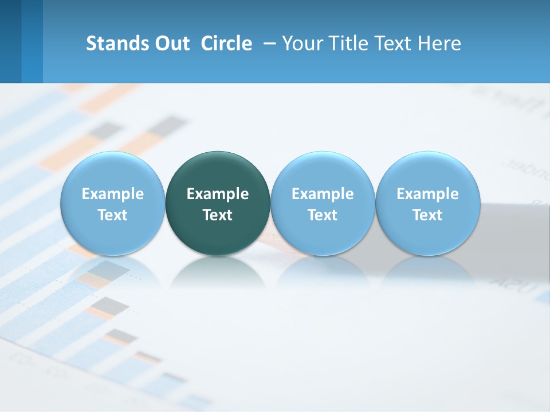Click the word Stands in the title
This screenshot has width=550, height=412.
[x=117, y=43]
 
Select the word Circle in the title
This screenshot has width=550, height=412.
[x=226, y=43]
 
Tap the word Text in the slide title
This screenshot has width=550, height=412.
[x=390, y=43]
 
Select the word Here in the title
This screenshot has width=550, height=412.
[x=438, y=43]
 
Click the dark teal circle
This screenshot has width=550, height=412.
[x=218, y=172]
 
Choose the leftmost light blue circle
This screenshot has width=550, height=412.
[x=113, y=172]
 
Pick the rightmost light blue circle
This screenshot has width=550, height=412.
[x=427, y=172]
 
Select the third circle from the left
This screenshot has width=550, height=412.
[x=323, y=172]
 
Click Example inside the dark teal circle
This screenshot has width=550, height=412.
[x=218, y=194]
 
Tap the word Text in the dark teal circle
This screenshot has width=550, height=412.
[x=218, y=215]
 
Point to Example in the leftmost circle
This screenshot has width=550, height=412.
[x=113, y=194]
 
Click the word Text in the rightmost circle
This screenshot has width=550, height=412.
[x=427, y=215]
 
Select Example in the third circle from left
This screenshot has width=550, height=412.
[x=323, y=194]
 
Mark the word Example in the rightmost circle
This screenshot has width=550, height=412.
[x=427, y=194]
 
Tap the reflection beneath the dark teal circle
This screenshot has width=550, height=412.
[x=218, y=272]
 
